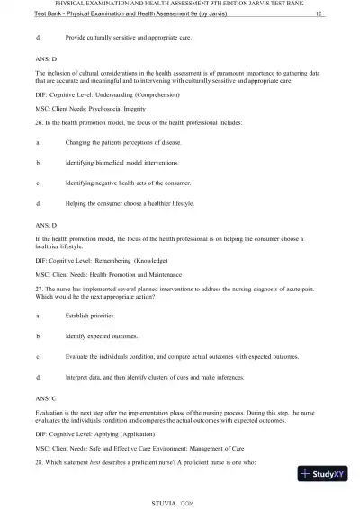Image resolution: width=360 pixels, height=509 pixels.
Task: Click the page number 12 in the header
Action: pyautogui.click(x=319, y=14)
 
